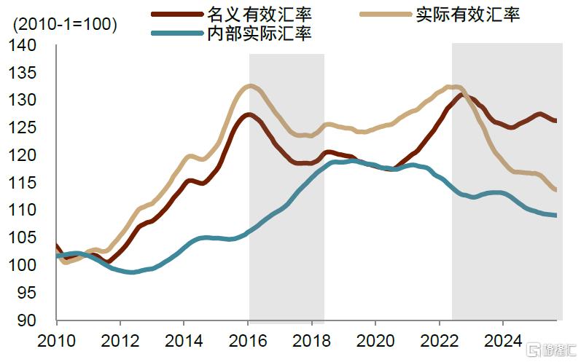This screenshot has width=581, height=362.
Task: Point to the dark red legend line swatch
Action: (x=175, y=14)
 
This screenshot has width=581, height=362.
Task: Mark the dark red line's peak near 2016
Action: (x=249, y=114)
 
